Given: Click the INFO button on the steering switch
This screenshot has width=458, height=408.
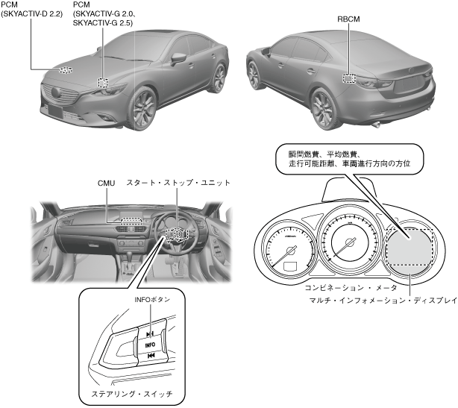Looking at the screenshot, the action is pos(150,345).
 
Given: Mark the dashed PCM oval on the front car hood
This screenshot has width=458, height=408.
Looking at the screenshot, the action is pos(66,70).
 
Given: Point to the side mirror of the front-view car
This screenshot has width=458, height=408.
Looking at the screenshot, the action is pos(179,58).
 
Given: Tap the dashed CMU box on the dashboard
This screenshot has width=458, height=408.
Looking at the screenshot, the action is pos(131,220).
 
